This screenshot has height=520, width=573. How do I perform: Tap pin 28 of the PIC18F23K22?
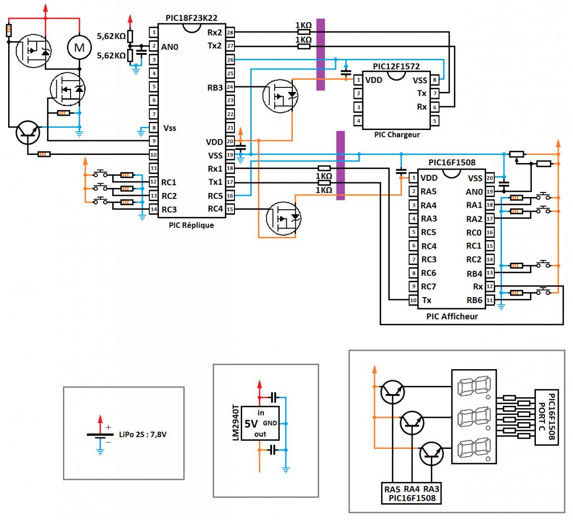[x=230, y=32]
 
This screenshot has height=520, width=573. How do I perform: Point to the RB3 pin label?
[x=215, y=87]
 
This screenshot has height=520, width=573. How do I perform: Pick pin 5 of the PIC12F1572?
[x=435, y=120]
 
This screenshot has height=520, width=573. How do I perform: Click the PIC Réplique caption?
[x=191, y=225]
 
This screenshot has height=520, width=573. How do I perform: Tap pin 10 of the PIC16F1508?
[x=413, y=300]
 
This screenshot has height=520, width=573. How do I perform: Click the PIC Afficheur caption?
[x=451, y=316]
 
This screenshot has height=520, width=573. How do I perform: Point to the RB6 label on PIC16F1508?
[x=474, y=300]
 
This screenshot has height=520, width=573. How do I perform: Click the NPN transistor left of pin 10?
[x=28, y=133]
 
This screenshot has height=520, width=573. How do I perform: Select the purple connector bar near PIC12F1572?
[x=320, y=54]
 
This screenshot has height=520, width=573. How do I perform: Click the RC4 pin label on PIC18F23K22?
[x=215, y=208]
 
